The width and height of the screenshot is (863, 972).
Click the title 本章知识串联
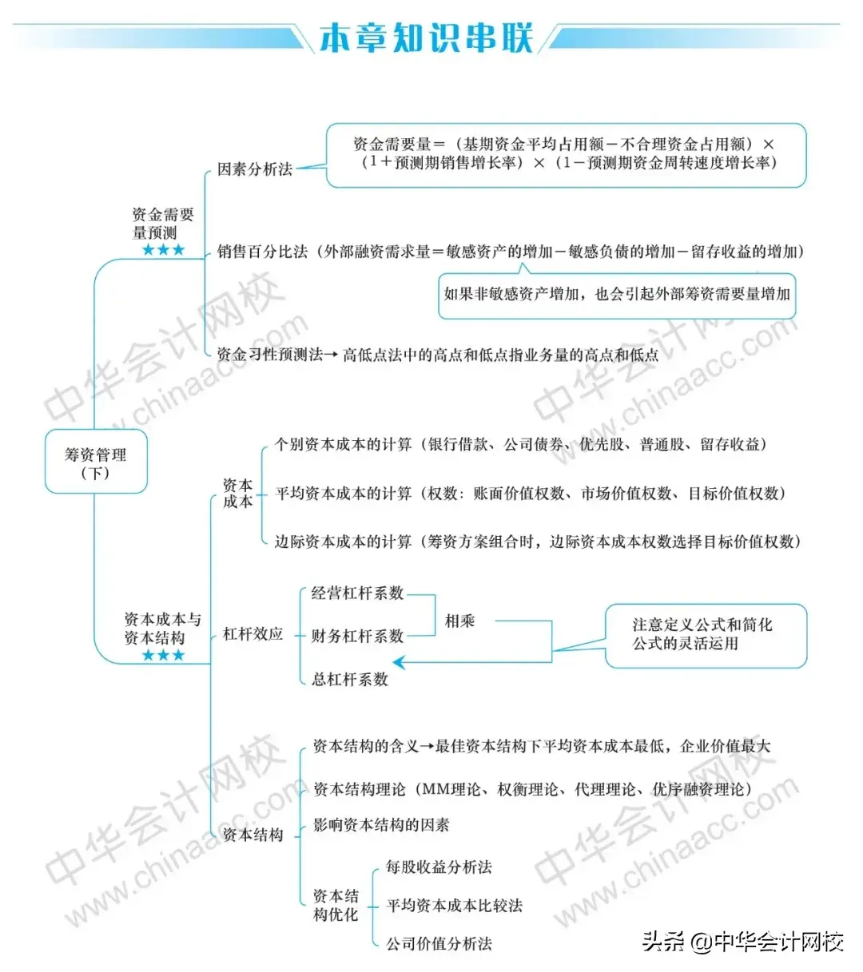(x=425, y=38)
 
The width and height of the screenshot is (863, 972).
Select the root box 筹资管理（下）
(x=96, y=462)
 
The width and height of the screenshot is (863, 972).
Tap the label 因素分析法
(x=255, y=169)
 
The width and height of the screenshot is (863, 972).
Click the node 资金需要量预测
(x=163, y=224)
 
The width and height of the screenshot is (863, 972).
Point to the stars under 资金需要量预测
(x=163, y=250)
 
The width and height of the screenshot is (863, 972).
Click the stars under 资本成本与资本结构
(x=163, y=656)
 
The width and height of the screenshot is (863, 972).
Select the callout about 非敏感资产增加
(x=617, y=294)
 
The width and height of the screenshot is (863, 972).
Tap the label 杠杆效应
(x=253, y=634)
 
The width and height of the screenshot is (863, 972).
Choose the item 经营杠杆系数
(x=357, y=593)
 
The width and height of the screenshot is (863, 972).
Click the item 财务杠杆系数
(x=357, y=637)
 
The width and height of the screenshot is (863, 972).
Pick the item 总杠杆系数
(x=350, y=680)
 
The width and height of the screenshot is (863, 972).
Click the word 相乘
(x=460, y=621)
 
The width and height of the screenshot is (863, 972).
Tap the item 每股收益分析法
(x=439, y=867)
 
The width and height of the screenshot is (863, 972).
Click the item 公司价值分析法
(x=439, y=944)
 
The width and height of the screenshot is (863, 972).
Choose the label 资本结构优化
(x=336, y=905)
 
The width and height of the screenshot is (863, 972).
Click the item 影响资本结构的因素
(x=381, y=825)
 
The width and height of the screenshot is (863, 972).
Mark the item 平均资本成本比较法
(x=454, y=906)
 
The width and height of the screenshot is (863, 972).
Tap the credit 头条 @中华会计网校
(x=743, y=942)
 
